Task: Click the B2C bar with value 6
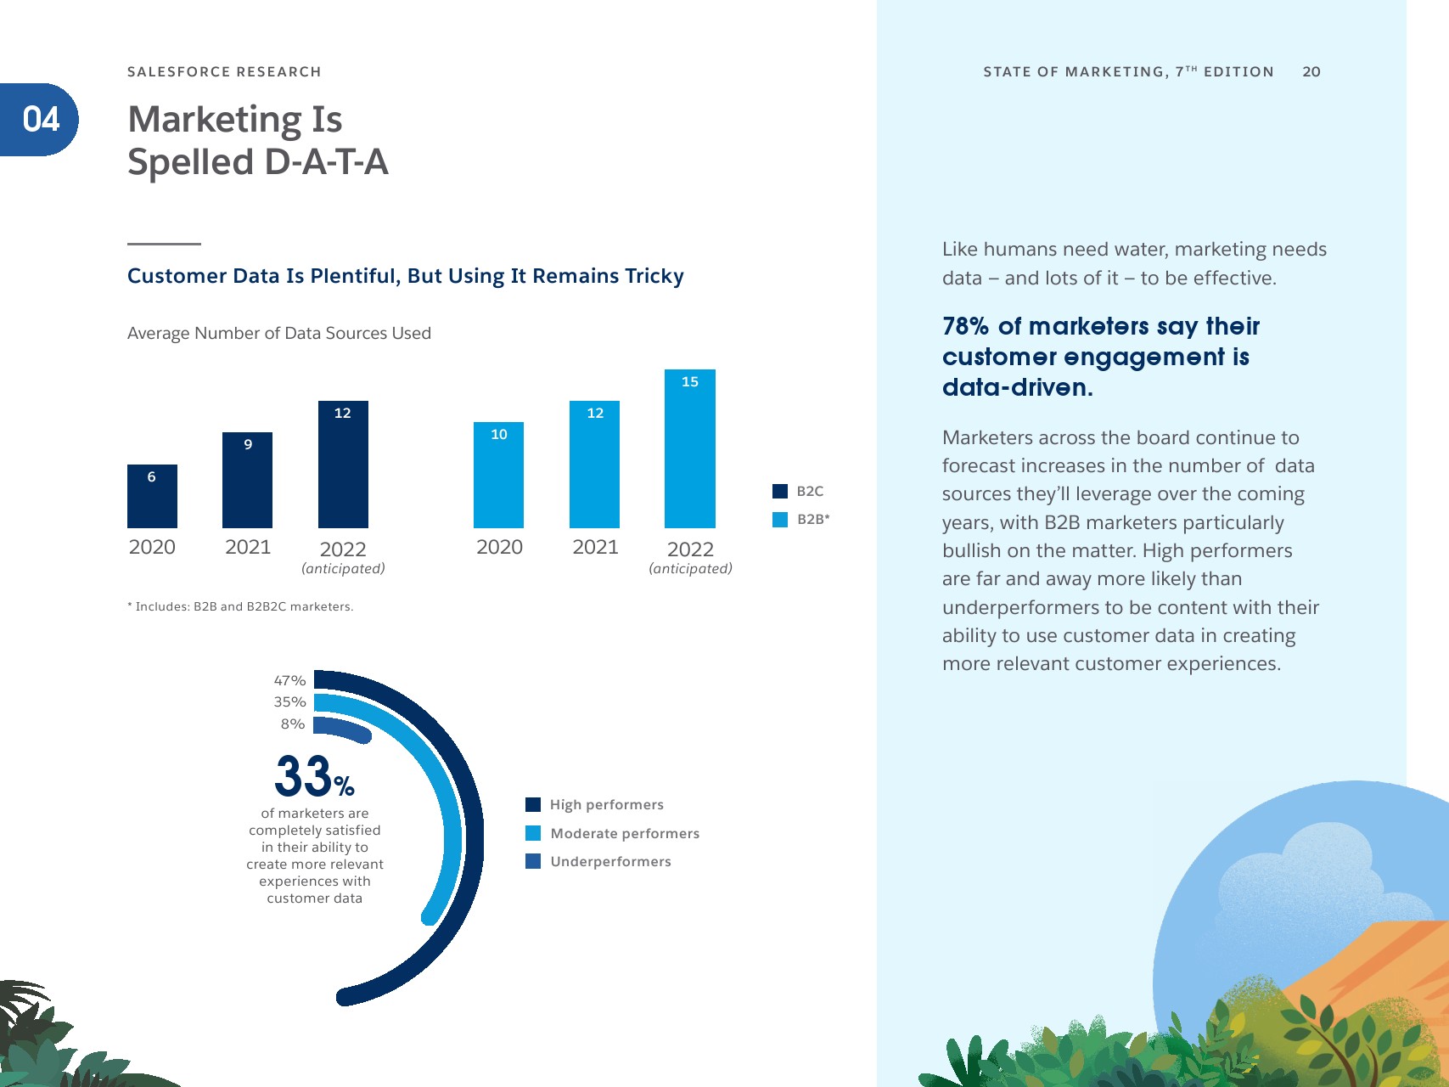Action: (x=152, y=496)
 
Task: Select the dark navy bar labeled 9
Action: (x=247, y=480)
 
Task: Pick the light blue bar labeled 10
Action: (x=498, y=475)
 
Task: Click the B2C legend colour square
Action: (x=780, y=491)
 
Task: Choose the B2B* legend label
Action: (x=812, y=519)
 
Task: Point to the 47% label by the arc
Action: (x=289, y=680)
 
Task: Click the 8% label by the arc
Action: (x=293, y=724)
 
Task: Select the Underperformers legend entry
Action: (x=609, y=861)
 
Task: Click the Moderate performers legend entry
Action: (x=624, y=833)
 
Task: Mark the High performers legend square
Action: (x=533, y=804)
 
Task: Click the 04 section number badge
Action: (x=41, y=120)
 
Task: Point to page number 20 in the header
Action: (x=1311, y=71)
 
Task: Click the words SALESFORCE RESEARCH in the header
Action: (x=224, y=71)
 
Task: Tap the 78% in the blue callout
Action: (x=965, y=326)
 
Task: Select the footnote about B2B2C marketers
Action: (x=240, y=606)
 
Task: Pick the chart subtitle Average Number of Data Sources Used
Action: (x=279, y=333)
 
